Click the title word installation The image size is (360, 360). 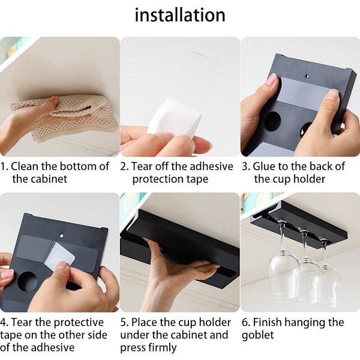coord(180,15)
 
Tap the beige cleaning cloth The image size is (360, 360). coord(69,115)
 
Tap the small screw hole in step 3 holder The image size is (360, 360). coord(307,76)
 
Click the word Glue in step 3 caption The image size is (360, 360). coord(265,166)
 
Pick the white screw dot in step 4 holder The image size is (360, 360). coord(61,235)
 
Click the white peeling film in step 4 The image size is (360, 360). coord(60,254)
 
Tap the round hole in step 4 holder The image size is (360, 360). coord(27,281)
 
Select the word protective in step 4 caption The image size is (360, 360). coord(78,323)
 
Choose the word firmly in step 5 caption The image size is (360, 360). coord(163,347)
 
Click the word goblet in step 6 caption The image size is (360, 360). coord(257,335)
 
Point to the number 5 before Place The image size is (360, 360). coord(123,322)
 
